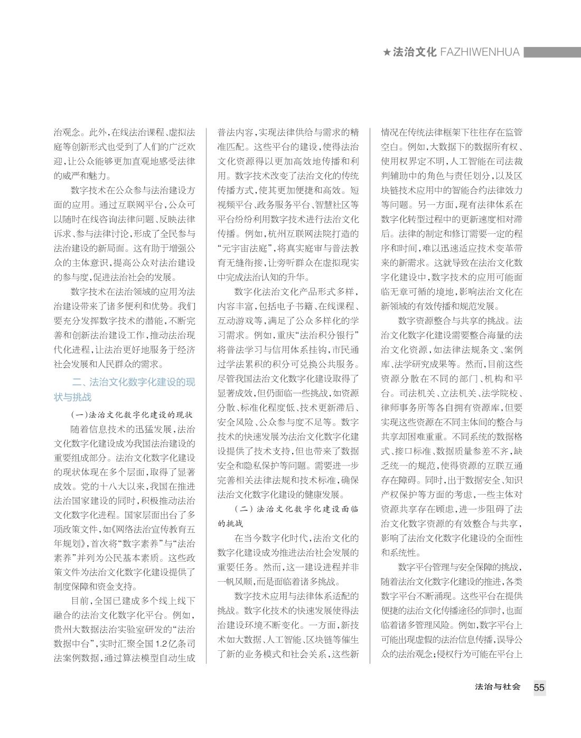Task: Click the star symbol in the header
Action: click(387, 52)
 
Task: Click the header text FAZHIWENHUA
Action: click(479, 52)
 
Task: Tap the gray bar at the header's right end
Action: click(551, 52)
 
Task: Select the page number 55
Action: click(539, 688)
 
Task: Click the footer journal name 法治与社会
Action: click(498, 687)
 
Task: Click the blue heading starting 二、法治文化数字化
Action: click(125, 390)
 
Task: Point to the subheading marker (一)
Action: click(79, 414)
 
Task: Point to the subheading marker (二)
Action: click(242, 510)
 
